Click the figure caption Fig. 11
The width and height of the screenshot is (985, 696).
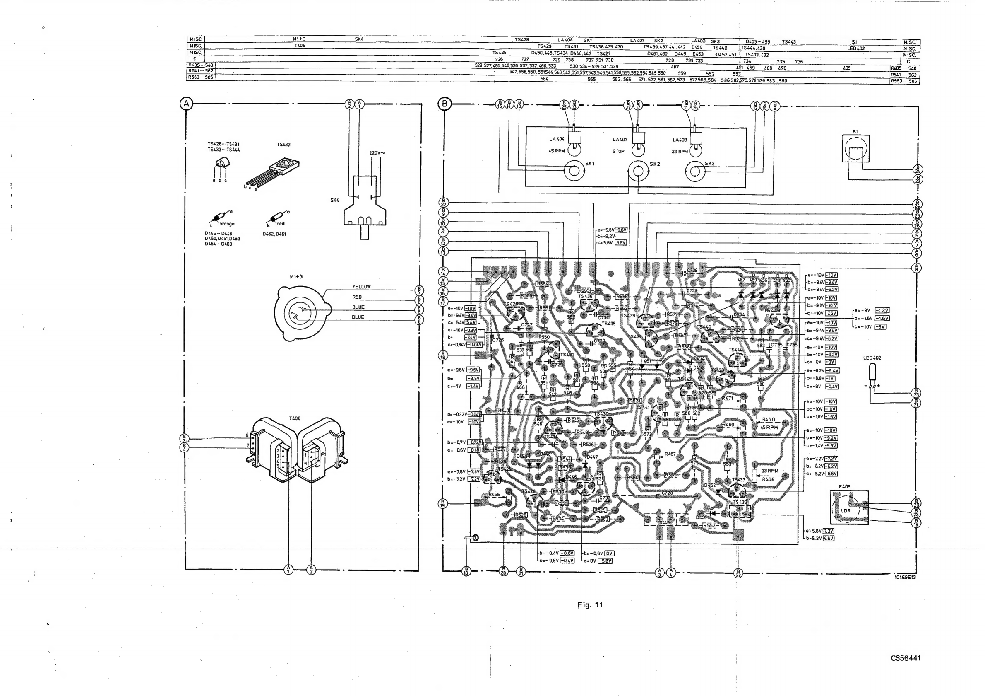590,605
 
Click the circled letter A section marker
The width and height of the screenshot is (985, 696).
186,104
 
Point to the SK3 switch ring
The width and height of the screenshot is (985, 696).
695,172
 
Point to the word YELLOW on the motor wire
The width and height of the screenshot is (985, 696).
361,287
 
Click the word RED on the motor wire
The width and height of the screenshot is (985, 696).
357,297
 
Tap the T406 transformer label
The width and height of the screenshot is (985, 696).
295,418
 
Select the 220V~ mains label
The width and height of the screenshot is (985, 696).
377,153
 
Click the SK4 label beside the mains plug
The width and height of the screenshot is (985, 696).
335,200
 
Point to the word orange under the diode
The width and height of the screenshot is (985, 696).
227,224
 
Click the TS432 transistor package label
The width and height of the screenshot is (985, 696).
283,145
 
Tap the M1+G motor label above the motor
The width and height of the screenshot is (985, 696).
296,276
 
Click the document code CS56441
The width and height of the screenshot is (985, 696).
906,658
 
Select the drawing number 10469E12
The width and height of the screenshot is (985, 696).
905,577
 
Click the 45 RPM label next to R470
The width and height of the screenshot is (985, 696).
769,427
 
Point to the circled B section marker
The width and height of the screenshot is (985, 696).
445,104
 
